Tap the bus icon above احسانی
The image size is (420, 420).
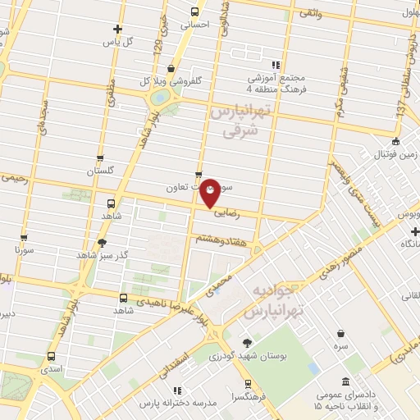coord(195,11)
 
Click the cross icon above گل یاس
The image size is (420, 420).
coord(118,28)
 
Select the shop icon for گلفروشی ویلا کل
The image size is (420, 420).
coord(170,69)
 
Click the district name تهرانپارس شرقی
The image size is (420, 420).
coord(239,120)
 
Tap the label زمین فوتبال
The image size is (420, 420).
coord(396,154)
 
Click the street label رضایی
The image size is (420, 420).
coord(225,210)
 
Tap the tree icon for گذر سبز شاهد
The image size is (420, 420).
coord(101,243)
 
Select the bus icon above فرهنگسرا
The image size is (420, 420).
coord(247,382)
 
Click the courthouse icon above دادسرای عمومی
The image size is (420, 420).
coord(345,382)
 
